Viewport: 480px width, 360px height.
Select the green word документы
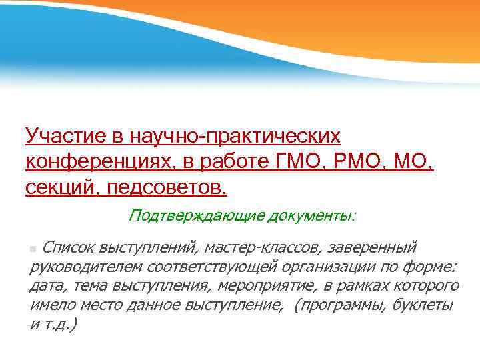311,215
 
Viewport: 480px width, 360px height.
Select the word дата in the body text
46,286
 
